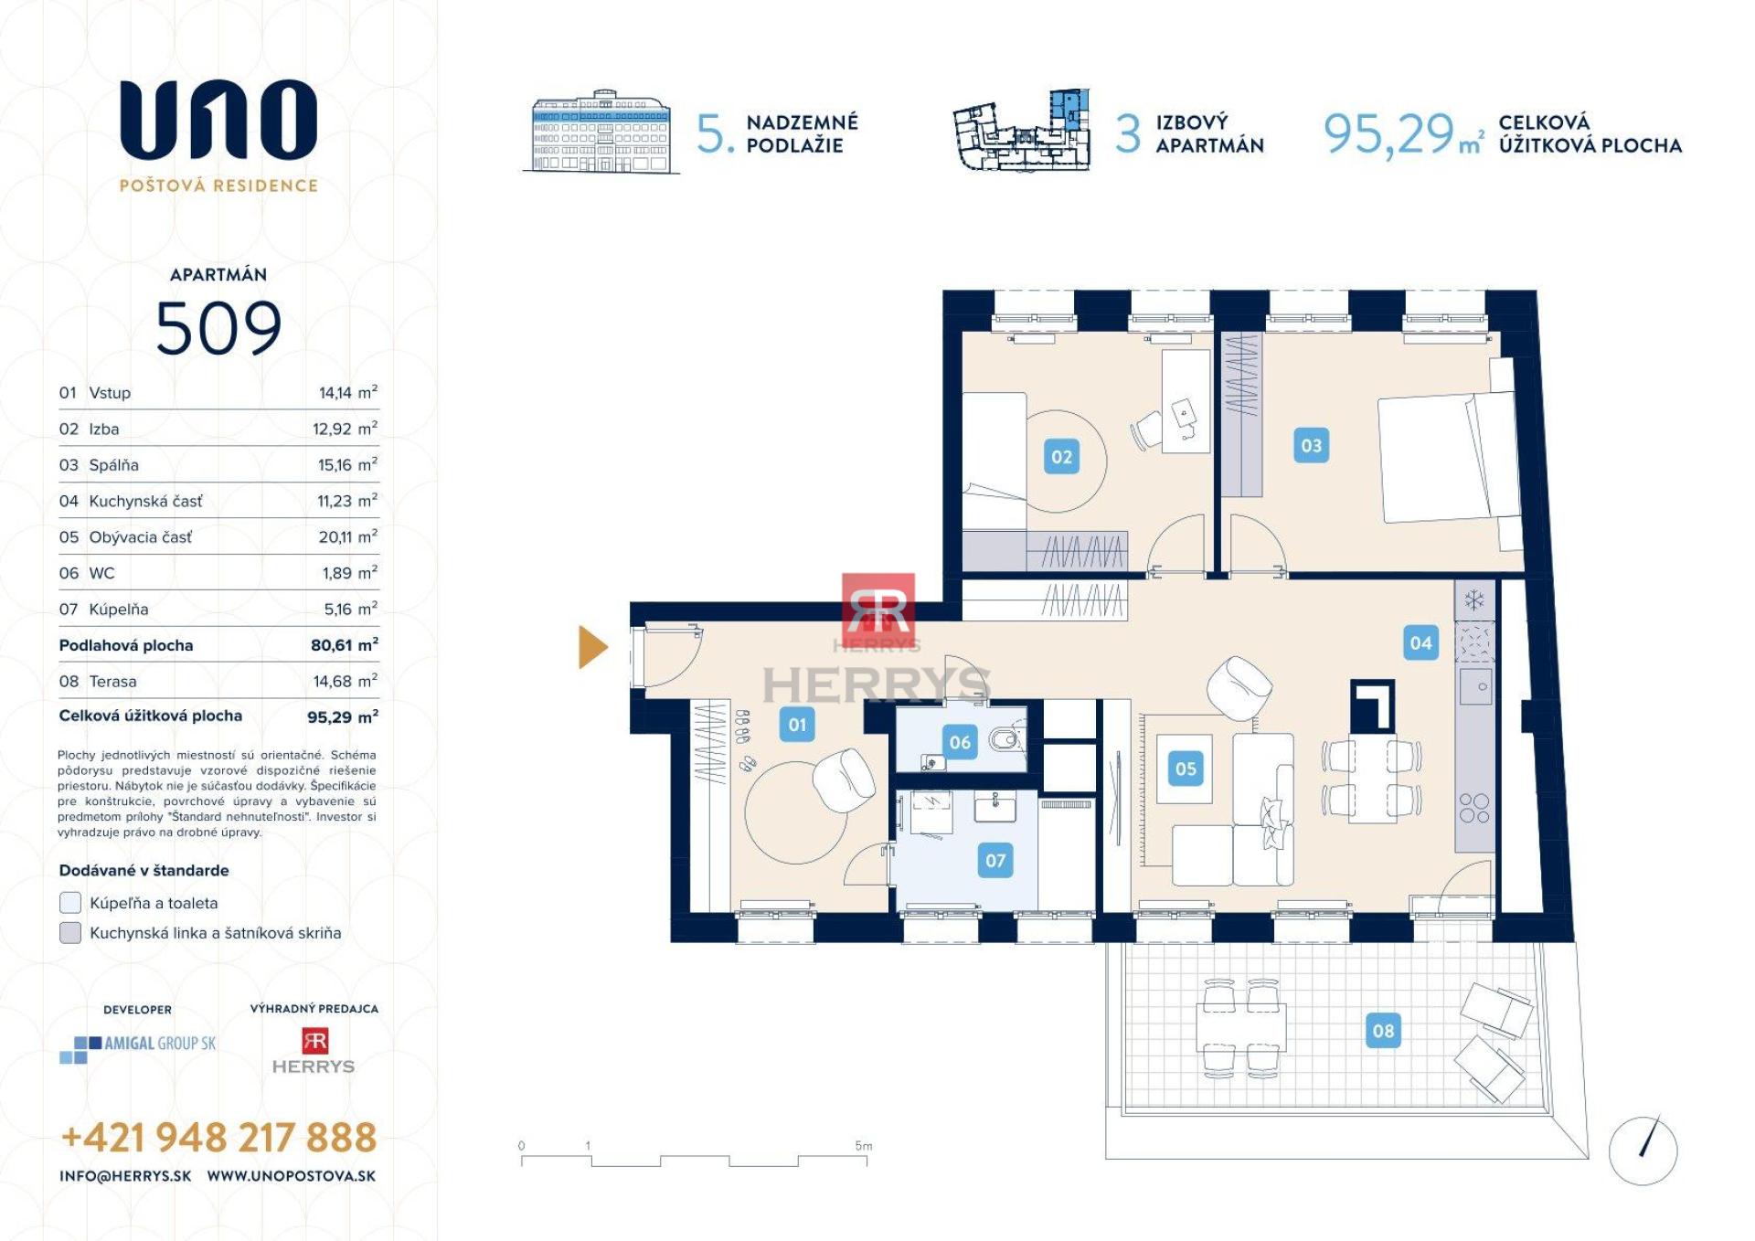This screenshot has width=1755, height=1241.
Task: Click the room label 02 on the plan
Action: pos(1061,457)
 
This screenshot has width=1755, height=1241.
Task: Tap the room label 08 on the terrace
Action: pos(1383,1031)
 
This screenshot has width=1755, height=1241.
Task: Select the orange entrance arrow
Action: pos(592,647)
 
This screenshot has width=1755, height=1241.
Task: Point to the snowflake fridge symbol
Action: pos(1473,600)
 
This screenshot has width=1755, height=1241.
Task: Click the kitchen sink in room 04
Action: pos(1475,686)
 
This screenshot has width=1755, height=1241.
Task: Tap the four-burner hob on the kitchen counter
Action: pos(1473,808)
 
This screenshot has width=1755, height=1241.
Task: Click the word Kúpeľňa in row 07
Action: pos(118,610)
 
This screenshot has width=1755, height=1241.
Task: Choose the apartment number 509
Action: pos(218,328)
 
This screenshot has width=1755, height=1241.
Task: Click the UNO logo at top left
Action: pos(218,119)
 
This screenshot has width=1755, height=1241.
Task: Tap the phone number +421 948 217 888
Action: pos(218,1138)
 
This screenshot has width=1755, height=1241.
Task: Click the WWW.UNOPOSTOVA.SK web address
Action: pos(291,1177)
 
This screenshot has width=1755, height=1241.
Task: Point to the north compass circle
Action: pos(1643,1150)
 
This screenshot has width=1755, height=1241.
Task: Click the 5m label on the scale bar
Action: pos(863,1146)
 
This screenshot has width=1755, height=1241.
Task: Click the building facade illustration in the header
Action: pos(601,133)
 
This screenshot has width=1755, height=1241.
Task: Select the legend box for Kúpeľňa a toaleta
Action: pos(70,903)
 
